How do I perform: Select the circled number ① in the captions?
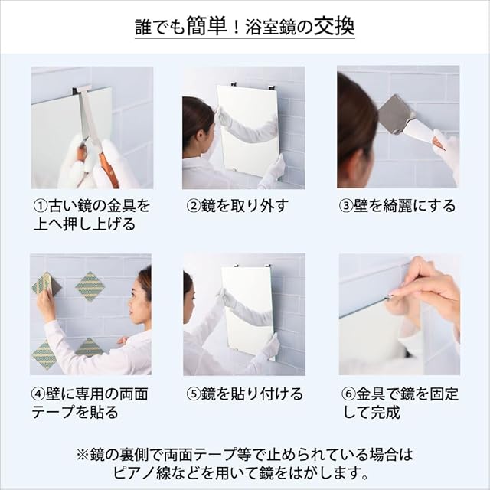tap(41, 206)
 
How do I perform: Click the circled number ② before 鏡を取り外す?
tap(194, 206)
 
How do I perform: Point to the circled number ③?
tap(346, 206)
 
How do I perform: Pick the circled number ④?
tap(38, 394)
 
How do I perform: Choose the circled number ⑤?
tap(194, 394)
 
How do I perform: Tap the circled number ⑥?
tap(348, 394)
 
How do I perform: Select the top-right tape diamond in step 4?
tap(90, 286)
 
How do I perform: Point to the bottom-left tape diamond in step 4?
tap(44, 354)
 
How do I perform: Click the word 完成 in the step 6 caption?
tap(385, 413)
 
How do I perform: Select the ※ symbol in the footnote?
tap(83, 455)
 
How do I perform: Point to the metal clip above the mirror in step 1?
tap(82, 90)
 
